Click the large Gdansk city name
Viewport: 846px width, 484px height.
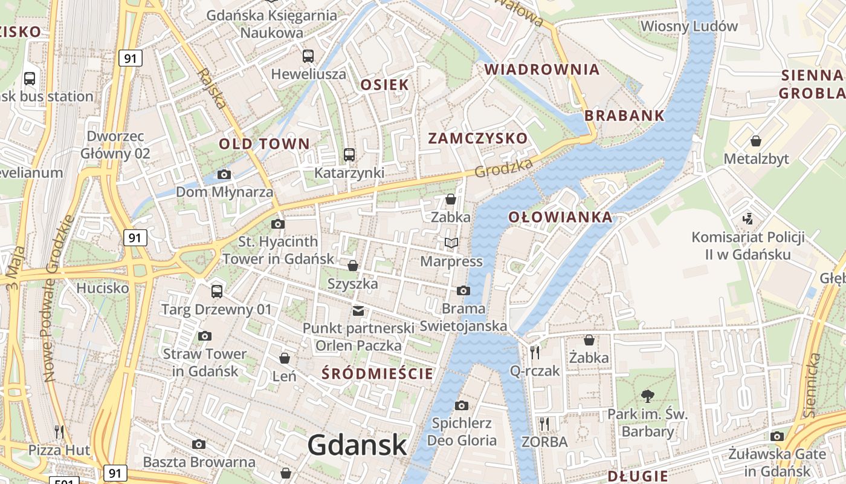tap(357, 446)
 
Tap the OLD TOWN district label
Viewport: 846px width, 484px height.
tap(264, 144)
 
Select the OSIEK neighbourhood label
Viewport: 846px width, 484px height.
tap(385, 85)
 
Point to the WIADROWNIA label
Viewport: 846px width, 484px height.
tap(542, 70)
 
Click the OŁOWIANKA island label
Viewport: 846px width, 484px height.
tap(560, 217)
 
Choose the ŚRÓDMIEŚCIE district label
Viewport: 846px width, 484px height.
tap(378, 373)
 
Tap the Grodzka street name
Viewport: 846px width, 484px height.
tap(503, 168)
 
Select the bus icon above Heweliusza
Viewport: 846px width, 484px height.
tap(308, 56)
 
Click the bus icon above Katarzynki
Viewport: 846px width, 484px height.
tap(349, 154)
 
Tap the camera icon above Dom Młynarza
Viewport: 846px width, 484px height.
tap(224, 175)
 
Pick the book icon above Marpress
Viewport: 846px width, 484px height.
tap(451, 243)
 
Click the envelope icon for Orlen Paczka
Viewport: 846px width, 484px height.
tap(358, 311)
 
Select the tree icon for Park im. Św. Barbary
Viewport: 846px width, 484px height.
tap(648, 396)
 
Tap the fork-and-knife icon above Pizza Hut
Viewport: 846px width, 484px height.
tap(59, 431)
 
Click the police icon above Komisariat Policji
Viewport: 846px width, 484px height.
tap(748, 218)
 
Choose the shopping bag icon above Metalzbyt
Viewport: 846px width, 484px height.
tap(756, 141)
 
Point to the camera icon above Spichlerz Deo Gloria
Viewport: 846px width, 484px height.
tap(462, 405)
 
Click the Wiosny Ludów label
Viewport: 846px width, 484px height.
tap(689, 26)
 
